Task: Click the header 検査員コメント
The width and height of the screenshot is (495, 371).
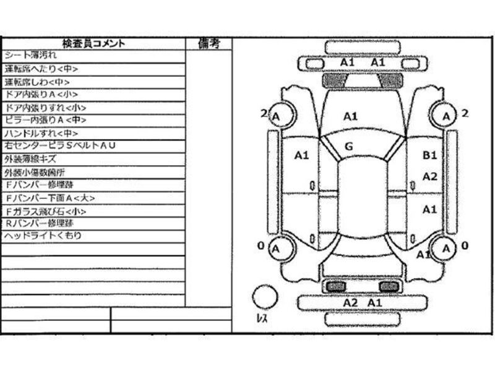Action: tap(93, 43)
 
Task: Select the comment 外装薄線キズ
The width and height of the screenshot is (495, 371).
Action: tap(34, 159)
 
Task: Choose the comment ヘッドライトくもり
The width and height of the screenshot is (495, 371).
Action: tap(43, 236)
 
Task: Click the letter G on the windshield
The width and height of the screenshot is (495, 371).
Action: tap(348, 147)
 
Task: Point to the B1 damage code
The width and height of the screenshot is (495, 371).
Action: tap(429, 156)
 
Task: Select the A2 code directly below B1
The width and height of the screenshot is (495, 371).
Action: tap(429, 176)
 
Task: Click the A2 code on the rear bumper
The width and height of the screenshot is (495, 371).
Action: tap(350, 302)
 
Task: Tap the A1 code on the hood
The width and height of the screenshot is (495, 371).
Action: tap(350, 116)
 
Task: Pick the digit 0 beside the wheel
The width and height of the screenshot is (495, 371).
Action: tap(260, 246)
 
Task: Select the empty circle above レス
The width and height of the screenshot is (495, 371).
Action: tap(264, 296)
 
